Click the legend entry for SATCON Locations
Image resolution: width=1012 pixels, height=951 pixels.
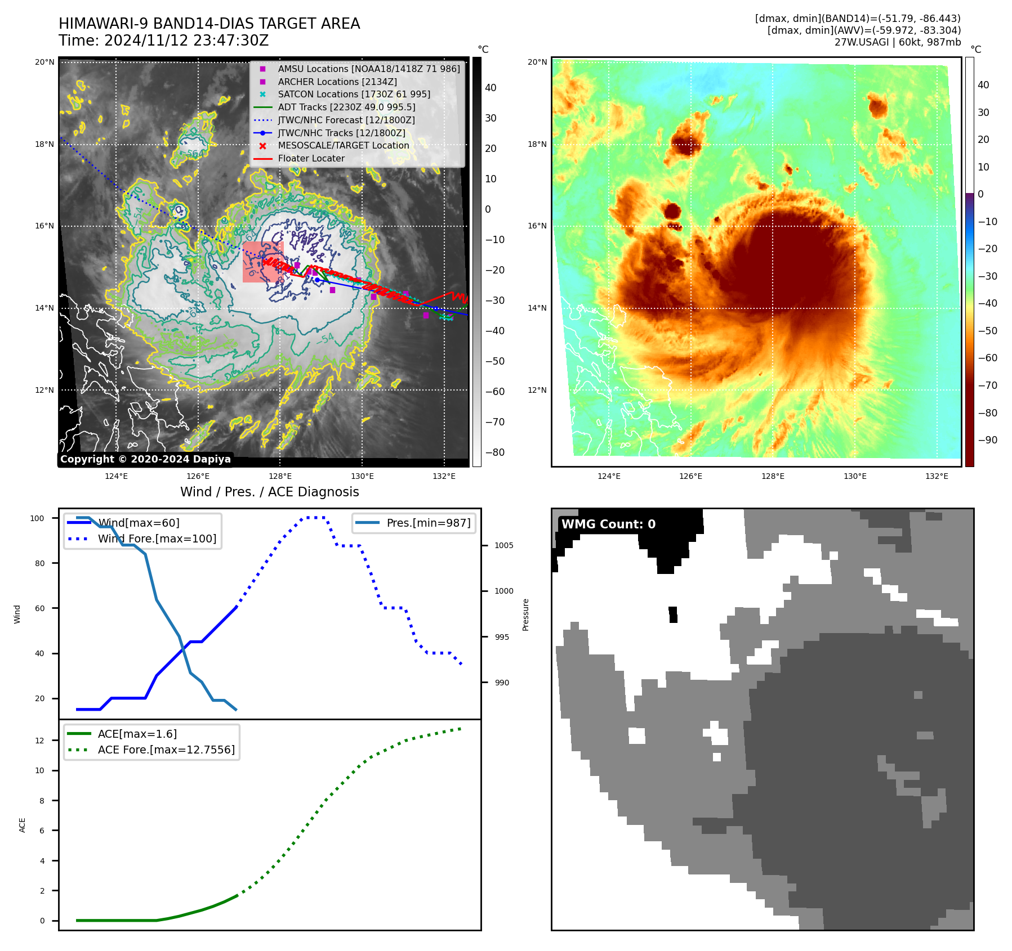(354, 94)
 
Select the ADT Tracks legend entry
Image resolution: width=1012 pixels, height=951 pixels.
(346, 107)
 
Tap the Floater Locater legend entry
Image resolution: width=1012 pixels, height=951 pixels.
(311, 158)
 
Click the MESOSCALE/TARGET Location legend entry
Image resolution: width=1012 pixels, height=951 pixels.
(344, 145)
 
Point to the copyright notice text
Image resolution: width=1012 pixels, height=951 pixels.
(145, 459)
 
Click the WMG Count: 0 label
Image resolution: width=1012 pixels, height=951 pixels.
(608, 524)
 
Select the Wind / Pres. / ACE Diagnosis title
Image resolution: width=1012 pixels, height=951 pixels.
(269, 492)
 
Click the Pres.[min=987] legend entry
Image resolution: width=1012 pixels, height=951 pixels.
(428, 523)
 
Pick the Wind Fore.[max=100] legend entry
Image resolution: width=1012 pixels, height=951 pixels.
(157, 539)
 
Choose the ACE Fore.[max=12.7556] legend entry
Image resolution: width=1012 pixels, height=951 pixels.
(166, 750)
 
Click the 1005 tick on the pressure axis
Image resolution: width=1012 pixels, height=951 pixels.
(503, 545)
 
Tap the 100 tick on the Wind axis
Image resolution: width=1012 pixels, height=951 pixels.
(37, 518)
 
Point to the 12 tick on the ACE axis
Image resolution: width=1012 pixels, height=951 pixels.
(39, 741)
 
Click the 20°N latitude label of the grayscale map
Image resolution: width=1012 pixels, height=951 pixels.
(44, 62)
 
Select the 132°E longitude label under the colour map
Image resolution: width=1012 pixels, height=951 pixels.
(937, 476)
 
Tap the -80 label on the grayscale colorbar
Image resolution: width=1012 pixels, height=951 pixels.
(494, 452)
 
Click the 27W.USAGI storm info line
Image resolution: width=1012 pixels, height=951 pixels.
(897, 42)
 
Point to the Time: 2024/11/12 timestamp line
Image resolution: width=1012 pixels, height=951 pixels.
(163, 41)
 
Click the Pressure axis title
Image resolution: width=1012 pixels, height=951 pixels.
(525, 614)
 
